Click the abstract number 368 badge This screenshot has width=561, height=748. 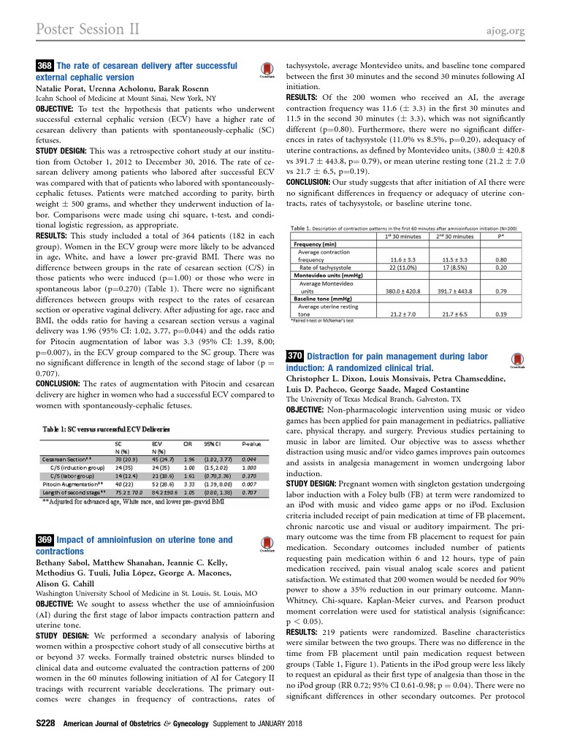(45, 66)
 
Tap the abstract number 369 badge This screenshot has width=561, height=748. (45, 540)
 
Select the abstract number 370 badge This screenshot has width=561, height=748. (294, 356)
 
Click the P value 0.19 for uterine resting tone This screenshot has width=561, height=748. (500, 313)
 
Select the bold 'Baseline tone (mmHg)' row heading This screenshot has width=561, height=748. (327, 299)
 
